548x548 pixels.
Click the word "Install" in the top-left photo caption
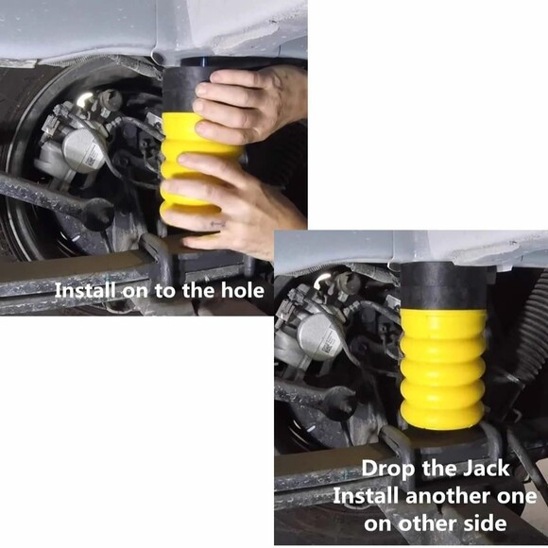pyautogui.click(x=86, y=290)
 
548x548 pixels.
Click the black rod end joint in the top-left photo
pyautogui.click(x=94, y=214)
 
